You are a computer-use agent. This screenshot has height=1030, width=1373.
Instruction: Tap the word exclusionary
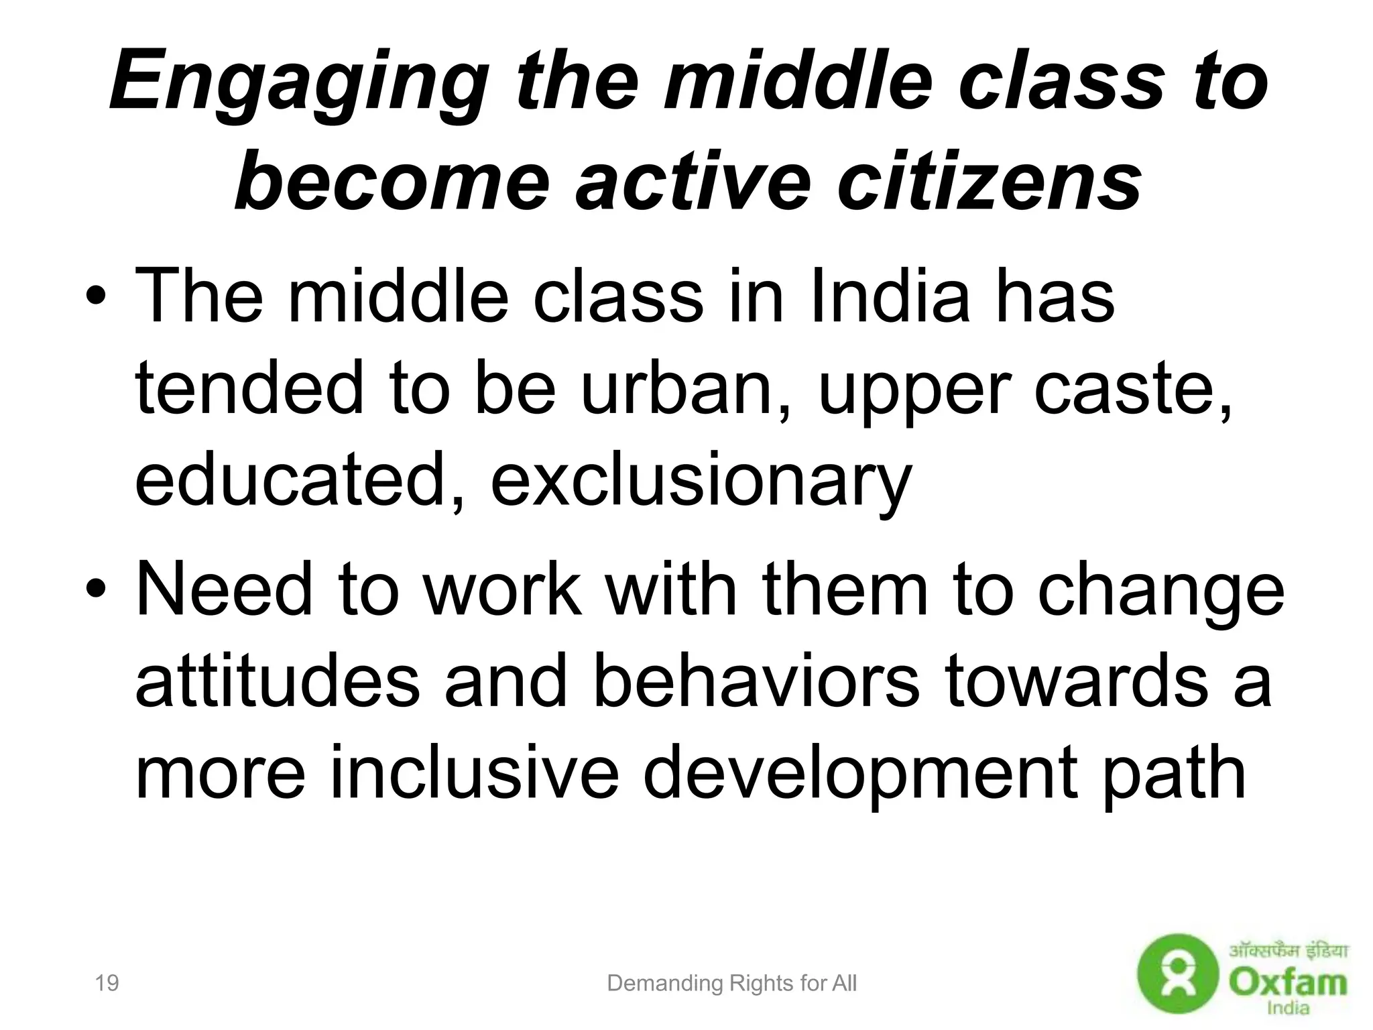(x=701, y=480)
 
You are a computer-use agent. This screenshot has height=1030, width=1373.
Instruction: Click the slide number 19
(x=107, y=983)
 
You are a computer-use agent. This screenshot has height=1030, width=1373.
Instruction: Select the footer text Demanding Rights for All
(x=731, y=984)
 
